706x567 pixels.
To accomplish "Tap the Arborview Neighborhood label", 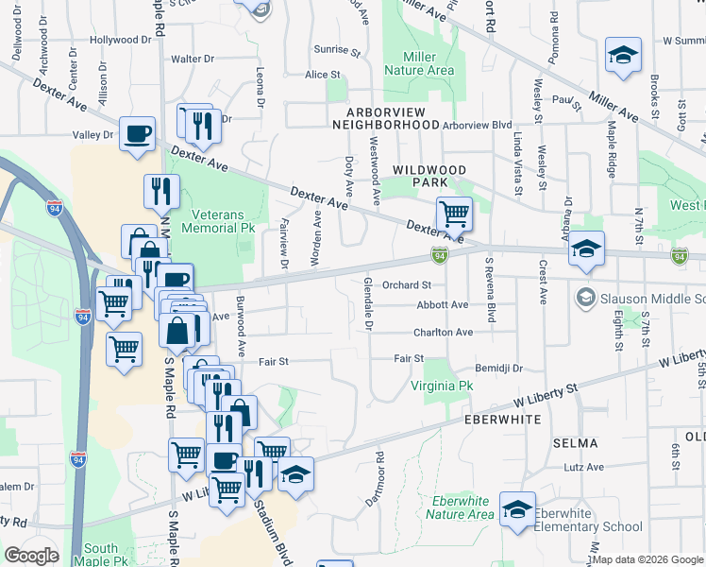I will point(386,118).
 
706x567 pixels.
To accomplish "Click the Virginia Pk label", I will point(441,386).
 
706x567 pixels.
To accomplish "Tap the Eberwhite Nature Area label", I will point(460,507).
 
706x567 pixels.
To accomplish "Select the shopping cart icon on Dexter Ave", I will point(454,215).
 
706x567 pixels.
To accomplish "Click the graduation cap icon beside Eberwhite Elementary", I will point(517,509).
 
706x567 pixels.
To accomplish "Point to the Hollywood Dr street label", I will point(121,41).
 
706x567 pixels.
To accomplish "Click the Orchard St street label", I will point(408,284).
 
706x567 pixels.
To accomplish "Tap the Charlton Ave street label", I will point(443,333).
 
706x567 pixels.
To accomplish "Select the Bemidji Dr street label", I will point(499,368).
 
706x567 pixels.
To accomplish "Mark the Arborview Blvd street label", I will point(477,125).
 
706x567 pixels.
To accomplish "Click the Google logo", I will point(31,556).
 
